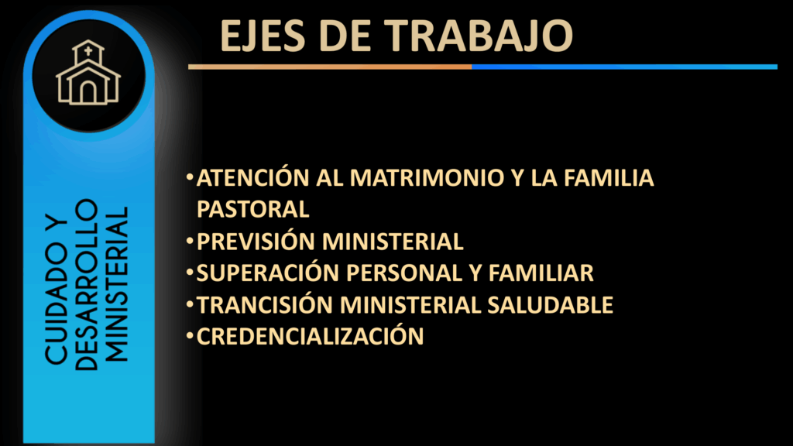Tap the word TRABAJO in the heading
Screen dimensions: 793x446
tap(480, 36)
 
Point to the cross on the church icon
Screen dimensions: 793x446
tap(88, 50)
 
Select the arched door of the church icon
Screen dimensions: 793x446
tap(88, 91)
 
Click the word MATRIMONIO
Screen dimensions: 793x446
tap(427, 177)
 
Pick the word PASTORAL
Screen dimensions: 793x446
tap(253, 209)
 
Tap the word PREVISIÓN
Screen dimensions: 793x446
tap(254, 241)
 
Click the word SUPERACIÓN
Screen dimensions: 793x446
tap(268, 273)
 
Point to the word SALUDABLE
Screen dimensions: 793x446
tap(551, 305)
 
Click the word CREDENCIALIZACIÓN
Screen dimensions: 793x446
tap(310, 336)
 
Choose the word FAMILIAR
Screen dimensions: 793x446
tap(541, 273)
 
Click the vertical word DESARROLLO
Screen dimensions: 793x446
tap(87, 285)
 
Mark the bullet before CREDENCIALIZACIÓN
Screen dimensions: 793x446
tap(190, 335)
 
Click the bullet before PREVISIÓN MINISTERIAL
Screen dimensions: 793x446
tap(190, 240)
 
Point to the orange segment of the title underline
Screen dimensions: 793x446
tap(330, 67)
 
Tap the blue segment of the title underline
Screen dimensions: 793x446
tap(625, 67)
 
